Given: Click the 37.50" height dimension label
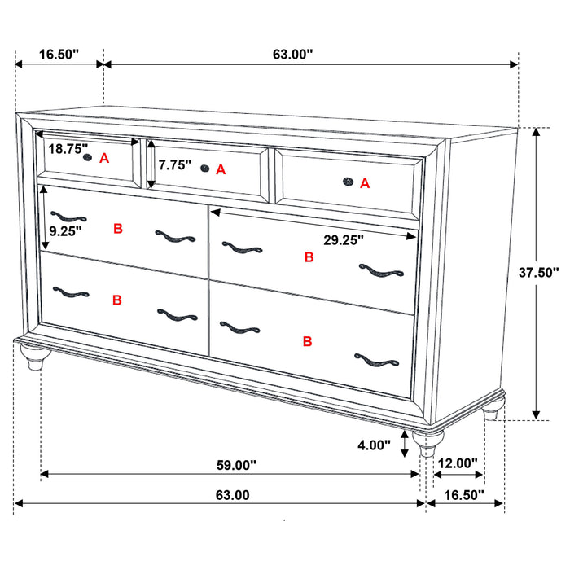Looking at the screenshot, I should [539, 273].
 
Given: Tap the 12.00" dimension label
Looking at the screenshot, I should [458, 463].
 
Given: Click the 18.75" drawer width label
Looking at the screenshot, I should [67, 149].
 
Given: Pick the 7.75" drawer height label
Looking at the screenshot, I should [175, 164].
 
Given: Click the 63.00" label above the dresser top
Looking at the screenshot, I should [293, 55].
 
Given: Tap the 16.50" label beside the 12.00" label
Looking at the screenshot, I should [463, 494].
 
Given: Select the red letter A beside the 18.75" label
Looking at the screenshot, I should [104, 159].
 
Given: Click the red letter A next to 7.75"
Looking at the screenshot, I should [221, 169].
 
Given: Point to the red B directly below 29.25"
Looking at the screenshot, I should [308, 257].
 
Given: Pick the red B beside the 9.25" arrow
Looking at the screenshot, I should [117, 230].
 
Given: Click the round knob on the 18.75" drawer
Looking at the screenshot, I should [87, 159].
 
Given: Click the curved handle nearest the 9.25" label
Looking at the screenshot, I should [68, 217].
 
